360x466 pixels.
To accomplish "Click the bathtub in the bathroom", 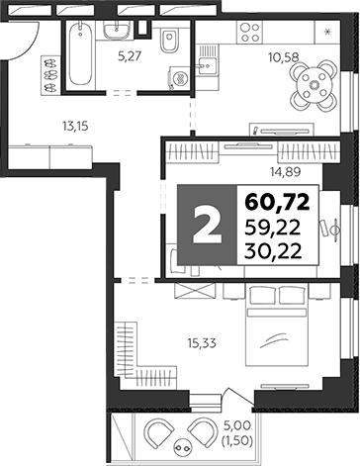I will (x=81, y=57).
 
